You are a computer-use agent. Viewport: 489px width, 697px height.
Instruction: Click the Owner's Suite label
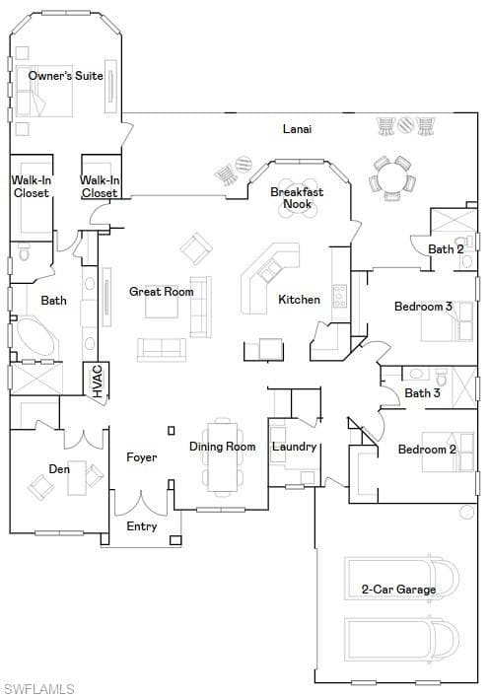pos(66,76)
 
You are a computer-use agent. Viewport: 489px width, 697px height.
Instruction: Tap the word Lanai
pos(298,129)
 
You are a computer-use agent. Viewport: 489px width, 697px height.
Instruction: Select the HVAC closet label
pos(98,381)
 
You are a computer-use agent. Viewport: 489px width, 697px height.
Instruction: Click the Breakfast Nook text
pos(297,198)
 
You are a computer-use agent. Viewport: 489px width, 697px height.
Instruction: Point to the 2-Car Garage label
pos(398,590)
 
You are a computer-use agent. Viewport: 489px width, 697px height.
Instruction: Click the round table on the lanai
pos(392,177)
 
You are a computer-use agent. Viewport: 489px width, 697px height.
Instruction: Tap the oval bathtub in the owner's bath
pos(36,339)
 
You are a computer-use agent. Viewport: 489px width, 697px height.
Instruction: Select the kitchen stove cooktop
pos(340,296)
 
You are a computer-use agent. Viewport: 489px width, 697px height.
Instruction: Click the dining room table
pos(223,456)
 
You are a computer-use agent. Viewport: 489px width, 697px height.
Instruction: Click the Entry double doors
pos(141,503)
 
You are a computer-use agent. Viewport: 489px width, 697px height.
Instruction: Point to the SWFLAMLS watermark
pos(37,688)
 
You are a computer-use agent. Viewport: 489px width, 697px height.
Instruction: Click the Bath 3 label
pos(422,393)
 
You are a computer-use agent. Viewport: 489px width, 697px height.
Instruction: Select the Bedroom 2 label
pos(427,450)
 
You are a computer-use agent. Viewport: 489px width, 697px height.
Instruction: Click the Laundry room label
pos(295,447)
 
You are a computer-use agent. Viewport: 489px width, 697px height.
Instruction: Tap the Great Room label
pos(162,292)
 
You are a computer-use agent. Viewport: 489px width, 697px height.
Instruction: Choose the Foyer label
pos(142,457)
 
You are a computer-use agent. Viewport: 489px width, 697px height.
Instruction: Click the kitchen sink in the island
pos(269,270)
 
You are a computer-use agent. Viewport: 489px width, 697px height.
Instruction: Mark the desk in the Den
pos(77,478)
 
